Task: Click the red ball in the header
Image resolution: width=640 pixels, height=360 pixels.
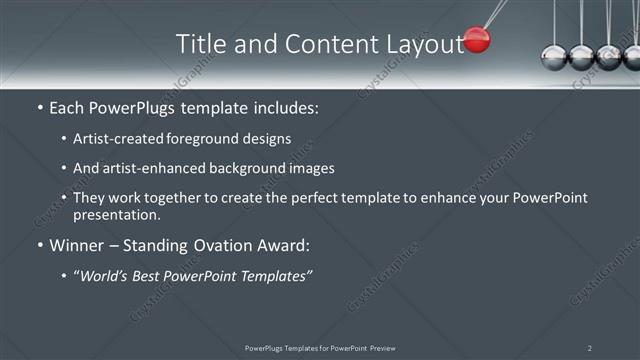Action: pyautogui.click(x=478, y=41)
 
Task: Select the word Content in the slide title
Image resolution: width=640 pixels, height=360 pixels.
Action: pyautogui.click(x=319, y=44)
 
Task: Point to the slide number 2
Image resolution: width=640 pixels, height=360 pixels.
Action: pyautogui.click(x=590, y=347)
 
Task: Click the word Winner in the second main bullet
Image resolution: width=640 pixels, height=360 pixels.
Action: pyautogui.click(x=77, y=245)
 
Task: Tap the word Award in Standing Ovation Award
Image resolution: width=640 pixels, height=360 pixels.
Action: pyautogui.click(x=285, y=245)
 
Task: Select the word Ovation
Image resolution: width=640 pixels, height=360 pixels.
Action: pyautogui.click(x=226, y=245)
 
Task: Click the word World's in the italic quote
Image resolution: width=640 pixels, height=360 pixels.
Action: pyautogui.click(x=109, y=275)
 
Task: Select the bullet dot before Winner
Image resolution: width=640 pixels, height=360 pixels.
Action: pyautogui.click(x=39, y=245)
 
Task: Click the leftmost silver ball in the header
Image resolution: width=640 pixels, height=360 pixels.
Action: pyautogui.click(x=553, y=57)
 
